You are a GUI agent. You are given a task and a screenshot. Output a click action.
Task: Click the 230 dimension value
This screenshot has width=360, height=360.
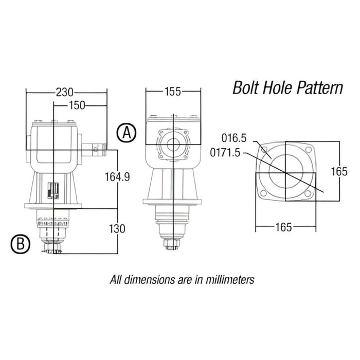(x=65, y=92)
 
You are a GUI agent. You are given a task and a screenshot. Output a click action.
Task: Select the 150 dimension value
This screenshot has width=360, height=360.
(x=77, y=105)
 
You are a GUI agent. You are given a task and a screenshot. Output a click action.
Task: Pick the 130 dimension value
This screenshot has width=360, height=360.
(x=118, y=228)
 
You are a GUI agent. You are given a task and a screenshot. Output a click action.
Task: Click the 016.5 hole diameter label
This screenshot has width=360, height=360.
(x=235, y=138)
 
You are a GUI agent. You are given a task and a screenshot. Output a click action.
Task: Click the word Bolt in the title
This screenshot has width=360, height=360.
(x=246, y=88)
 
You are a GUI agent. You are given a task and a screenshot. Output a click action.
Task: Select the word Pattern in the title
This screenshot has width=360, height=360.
(x=320, y=88)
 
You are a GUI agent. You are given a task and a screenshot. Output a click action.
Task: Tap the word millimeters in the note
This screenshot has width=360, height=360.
(x=228, y=280)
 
